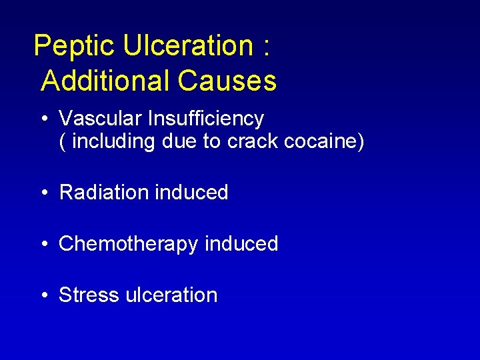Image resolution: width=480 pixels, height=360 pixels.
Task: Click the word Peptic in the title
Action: [x=75, y=46]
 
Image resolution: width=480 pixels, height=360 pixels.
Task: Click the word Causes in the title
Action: [x=227, y=81]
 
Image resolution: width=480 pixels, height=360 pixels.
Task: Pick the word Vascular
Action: [x=101, y=119]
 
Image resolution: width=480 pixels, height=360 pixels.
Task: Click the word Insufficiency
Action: [x=206, y=119]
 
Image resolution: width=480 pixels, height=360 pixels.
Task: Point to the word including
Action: [x=113, y=142]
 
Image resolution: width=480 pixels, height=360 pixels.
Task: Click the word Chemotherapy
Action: [x=129, y=244]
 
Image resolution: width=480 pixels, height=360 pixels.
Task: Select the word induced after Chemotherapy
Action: [x=241, y=244]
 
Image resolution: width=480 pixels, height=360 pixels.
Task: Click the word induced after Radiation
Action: [x=191, y=193]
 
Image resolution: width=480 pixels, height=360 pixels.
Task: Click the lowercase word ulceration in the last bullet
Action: [x=172, y=295]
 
